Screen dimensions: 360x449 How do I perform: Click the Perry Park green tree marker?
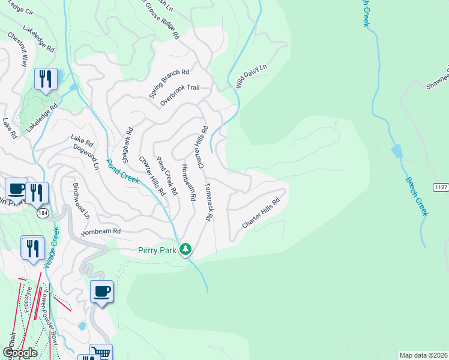[x=186, y=249]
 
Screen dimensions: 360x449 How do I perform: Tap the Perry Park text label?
[x=157, y=250]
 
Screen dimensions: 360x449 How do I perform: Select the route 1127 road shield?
[x=441, y=187]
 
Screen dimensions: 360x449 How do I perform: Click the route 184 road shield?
[x=42, y=213]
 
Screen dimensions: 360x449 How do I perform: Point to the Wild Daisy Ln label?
[x=251, y=77]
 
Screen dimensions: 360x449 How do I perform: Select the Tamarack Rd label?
[x=208, y=203]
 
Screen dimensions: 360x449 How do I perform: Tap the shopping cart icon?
[x=101, y=352]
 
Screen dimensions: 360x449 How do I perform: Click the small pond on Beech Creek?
[x=397, y=151]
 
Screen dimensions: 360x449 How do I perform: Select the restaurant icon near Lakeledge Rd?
[x=46, y=79]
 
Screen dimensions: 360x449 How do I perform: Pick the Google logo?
[x=19, y=352]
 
